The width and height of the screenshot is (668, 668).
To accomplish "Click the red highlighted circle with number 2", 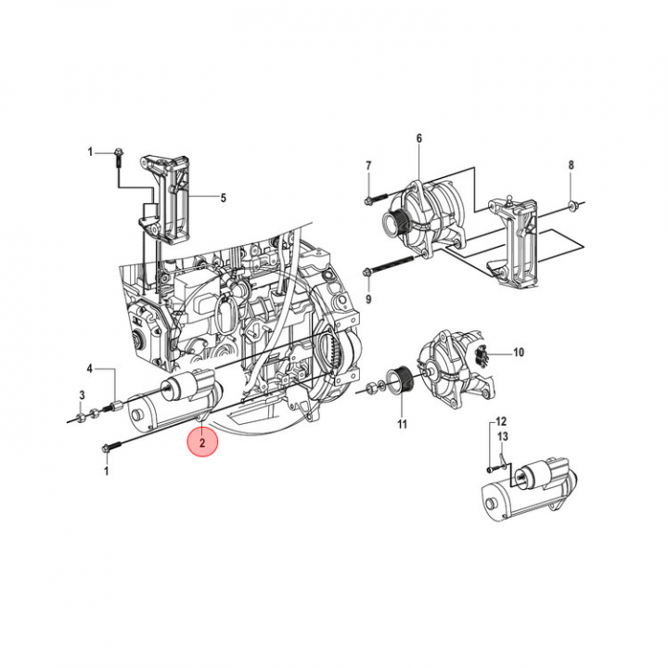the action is click(202, 442).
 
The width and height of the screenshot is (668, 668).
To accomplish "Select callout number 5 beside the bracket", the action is click(223, 198).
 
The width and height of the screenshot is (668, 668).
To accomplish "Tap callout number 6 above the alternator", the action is click(419, 138).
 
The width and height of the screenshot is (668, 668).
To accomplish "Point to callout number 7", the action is click(368, 165).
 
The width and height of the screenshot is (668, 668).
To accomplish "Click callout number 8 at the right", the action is click(571, 165).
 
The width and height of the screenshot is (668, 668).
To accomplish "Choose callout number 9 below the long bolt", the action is click(368, 299).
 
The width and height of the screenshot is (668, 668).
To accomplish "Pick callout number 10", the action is click(518, 353).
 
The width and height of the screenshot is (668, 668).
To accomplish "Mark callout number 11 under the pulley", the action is click(402, 424).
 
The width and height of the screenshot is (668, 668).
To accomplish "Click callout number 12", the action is click(501, 421).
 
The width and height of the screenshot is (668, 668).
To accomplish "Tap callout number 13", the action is click(503, 436).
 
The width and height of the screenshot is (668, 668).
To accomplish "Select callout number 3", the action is click(83, 395).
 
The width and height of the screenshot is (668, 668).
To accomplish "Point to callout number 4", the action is click(89, 368).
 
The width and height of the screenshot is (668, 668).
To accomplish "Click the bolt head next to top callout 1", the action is click(118, 152).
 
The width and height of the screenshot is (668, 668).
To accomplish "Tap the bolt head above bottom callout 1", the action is click(106, 448).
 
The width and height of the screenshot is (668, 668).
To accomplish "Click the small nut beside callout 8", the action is click(572, 207).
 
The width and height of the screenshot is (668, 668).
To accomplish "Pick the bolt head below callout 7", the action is click(368, 199).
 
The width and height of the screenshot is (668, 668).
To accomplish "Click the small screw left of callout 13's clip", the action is click(491, 469).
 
